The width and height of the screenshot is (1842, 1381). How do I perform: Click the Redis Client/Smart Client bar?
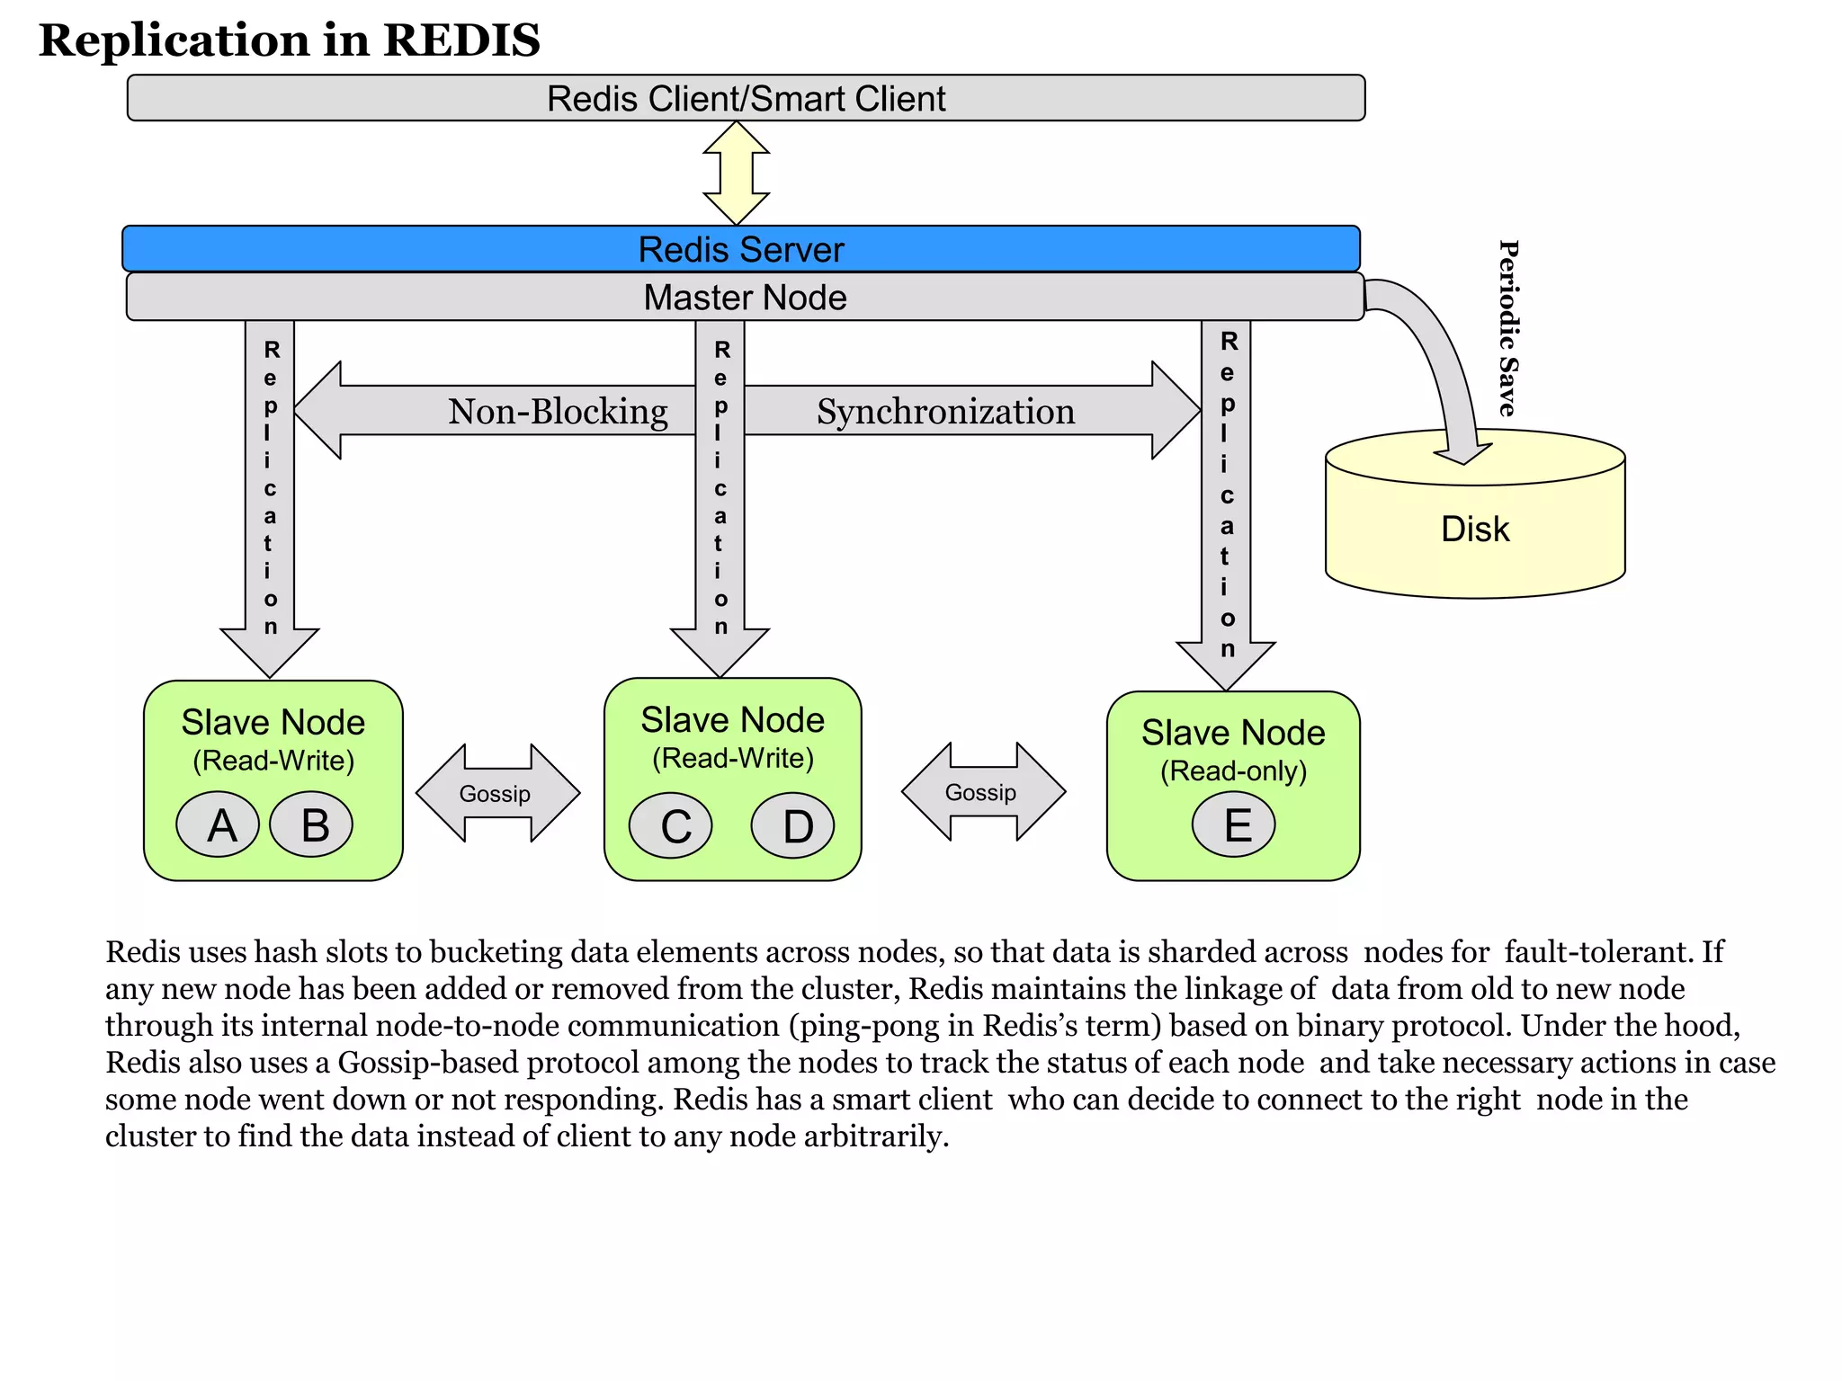pos(746,98)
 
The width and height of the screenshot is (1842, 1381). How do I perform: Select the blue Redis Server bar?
pos(740,249)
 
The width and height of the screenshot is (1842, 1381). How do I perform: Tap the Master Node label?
pos(745,298)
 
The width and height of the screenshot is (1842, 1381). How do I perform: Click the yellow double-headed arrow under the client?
pos(736,173)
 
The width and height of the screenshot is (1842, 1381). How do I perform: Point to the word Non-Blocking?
pos(558,412)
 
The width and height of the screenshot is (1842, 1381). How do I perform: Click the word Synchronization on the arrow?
pos(945,412)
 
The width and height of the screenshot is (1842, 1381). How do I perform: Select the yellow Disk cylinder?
pos(1474,530)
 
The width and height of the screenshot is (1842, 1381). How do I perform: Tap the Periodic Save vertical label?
pos(1508,328)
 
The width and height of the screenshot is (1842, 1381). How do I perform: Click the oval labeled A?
pos(219,824)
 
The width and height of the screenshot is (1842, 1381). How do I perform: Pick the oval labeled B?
pos(312,824)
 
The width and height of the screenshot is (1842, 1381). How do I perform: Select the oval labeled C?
pos(671,825)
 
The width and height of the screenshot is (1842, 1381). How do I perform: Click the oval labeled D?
pos(793,825)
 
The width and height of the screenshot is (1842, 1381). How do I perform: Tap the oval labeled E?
pos(1234,824)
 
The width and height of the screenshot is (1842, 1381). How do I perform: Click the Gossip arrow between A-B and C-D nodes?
pos(497,793)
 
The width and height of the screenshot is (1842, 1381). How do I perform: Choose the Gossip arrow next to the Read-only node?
pos(983,792)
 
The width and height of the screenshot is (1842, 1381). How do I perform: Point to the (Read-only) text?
pos(1233,771)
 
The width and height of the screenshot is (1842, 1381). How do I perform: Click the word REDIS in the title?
pos(461,40)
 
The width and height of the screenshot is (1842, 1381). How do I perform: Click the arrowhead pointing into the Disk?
pos(1462,449)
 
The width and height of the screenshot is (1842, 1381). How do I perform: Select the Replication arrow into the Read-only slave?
pos(1226,503)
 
